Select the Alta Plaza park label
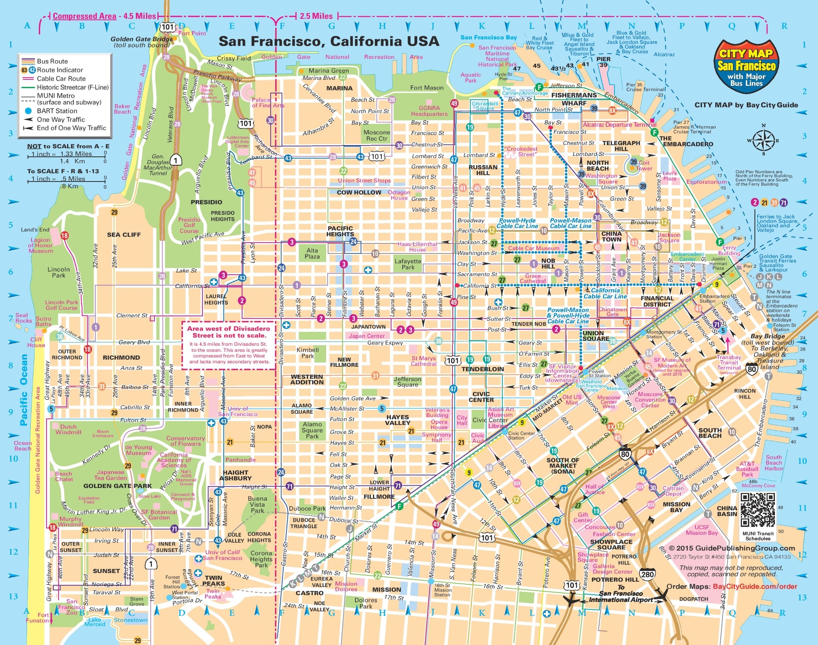tap(312, 253)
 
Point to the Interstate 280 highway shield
tap(647, 574)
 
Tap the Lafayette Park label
tap(408, 264)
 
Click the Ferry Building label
tap(729, 250)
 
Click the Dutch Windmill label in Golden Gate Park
tap(68, 429)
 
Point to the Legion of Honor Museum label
tap(41, 246)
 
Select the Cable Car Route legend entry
tap(61, 78)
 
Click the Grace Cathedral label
tap(533, 278)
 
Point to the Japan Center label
tap(367, 336)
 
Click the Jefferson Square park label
tap(407, 382)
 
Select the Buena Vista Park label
tap(258, 504)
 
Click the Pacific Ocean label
tap(24, 390)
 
